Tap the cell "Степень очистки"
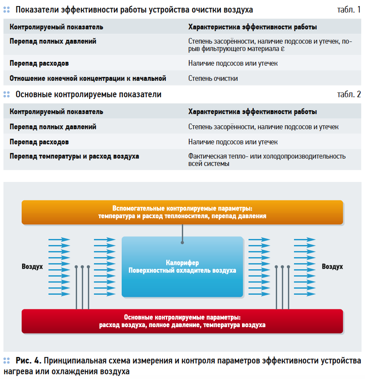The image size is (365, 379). [213, 78]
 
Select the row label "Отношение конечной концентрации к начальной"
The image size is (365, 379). [88, 78]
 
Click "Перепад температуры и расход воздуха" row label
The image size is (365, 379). [74, 156]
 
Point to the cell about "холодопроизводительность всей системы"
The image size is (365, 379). [267, 160]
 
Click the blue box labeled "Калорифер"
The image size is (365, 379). [182, 267]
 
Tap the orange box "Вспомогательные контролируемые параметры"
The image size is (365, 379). [182, 212]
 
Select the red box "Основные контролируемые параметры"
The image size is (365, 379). [182, 321]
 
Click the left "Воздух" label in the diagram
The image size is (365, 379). [32, 267]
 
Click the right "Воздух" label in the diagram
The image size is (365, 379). [332, 267]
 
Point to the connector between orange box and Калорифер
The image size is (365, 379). [182, 234]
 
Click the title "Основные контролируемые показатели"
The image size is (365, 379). [88, 94]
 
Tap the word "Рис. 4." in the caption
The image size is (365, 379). [29, 360]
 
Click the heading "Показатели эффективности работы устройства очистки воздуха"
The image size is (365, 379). [134, 10]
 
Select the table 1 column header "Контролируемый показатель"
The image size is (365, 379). [56, 27]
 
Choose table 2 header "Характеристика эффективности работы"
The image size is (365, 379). [252, 111]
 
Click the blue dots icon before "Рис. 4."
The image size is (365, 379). [6, 360]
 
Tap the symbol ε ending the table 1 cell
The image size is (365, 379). [283, 49]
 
